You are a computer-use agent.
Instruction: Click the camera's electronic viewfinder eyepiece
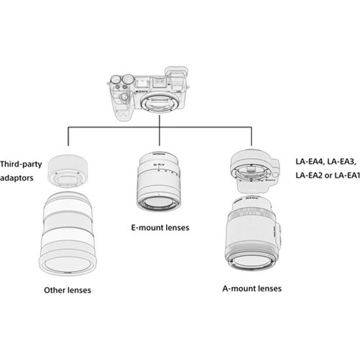pyautogui.click(x=173, y=75)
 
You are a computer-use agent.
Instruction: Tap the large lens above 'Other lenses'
pyautogui.click(x=67, y=234)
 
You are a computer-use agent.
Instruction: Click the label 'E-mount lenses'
pyautogui.click(x=160, y=228)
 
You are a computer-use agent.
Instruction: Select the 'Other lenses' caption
pyautogui.click(x=67, y=290)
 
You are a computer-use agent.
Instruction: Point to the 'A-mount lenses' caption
pyautogui.click(x=252, y=288)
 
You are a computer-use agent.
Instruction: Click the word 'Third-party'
pyautogui.click(x=21, y=164)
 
